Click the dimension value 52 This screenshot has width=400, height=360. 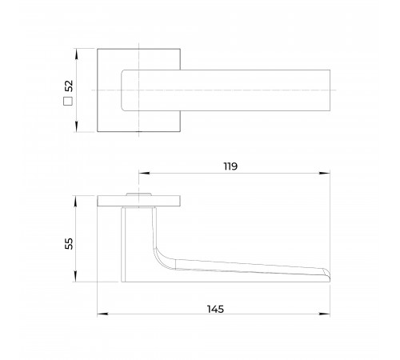coord(69,86)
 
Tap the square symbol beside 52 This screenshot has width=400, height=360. coord(68,102)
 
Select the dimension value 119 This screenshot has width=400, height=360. coord(230,166)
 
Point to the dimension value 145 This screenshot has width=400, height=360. coord(215,309)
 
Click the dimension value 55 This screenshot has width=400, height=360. coord(69,243)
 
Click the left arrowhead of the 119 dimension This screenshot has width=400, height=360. coord(144,173)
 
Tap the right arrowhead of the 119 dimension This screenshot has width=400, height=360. coord(325,173)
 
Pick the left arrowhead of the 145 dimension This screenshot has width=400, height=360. coord(102,314)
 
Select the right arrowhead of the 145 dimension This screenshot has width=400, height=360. coord(325,314)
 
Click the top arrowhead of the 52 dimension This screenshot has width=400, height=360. coord(77,54)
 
